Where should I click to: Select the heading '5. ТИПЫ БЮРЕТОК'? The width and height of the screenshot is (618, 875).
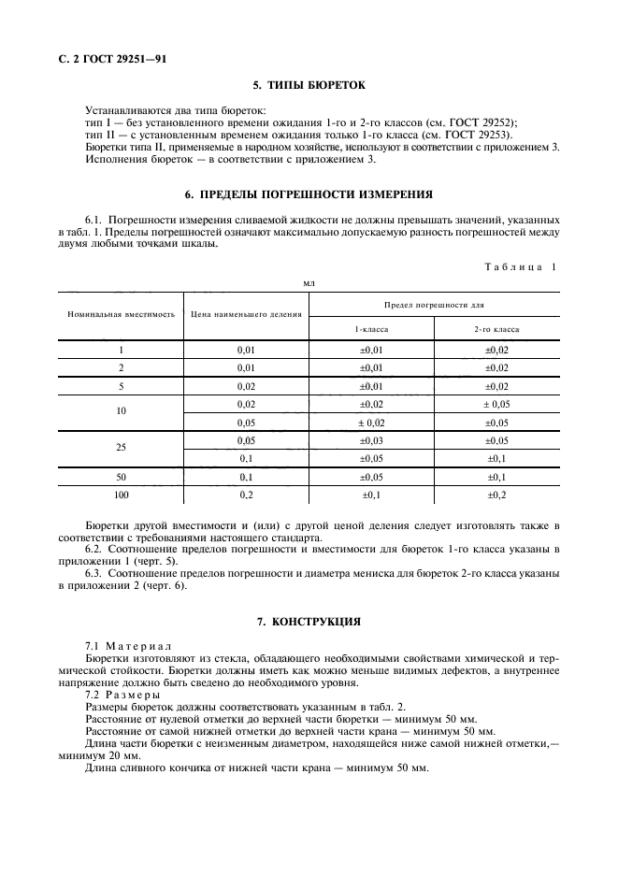click(x=309, y=86)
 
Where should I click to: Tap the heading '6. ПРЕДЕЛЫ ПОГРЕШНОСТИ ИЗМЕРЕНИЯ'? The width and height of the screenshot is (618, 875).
click(x=309, y=195)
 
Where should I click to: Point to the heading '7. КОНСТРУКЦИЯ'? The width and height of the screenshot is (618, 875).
click(x=309, y=621)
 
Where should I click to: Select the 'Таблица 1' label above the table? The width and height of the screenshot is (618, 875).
click(x=519, y=267)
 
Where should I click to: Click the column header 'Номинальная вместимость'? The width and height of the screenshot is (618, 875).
click(x=121, y=314)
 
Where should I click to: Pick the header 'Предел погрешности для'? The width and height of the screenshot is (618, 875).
click(x=434, y=305)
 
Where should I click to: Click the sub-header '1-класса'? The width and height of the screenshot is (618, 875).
click(x=371, y=329)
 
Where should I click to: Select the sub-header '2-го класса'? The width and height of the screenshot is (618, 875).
click(x=496, y=329)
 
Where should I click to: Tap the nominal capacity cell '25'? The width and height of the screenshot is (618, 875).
click(x=121, y=448)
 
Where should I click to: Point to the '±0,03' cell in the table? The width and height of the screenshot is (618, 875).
click(x=371, y=439)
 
